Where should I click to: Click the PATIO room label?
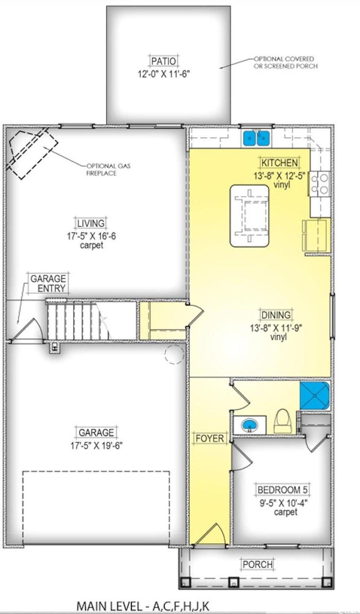click(x=164, y=61)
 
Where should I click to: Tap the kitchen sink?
click(x=256, y=138)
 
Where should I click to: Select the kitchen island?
click(x=250, y=215)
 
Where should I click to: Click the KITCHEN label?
click(x=280, y=163)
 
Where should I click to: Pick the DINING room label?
click(x=276, y=315)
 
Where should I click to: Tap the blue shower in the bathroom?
click(x=315, y=395)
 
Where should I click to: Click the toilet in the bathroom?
click(x=283, y=421)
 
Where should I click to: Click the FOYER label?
click(x=210, y=439)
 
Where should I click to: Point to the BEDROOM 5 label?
click(x=283, y=490)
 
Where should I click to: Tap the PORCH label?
click(x=258, y=564)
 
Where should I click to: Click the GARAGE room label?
click(x=96, y=432)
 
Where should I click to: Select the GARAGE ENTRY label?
click(x=48, y=283)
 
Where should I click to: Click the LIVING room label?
click(x=91, y=223)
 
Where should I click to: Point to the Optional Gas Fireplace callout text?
click(x=104, y=169)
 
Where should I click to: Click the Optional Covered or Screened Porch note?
click(x=285, y=62)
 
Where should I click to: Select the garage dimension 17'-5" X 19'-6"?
click(x=96, y=445)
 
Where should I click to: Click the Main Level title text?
click(x=143, y=606)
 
